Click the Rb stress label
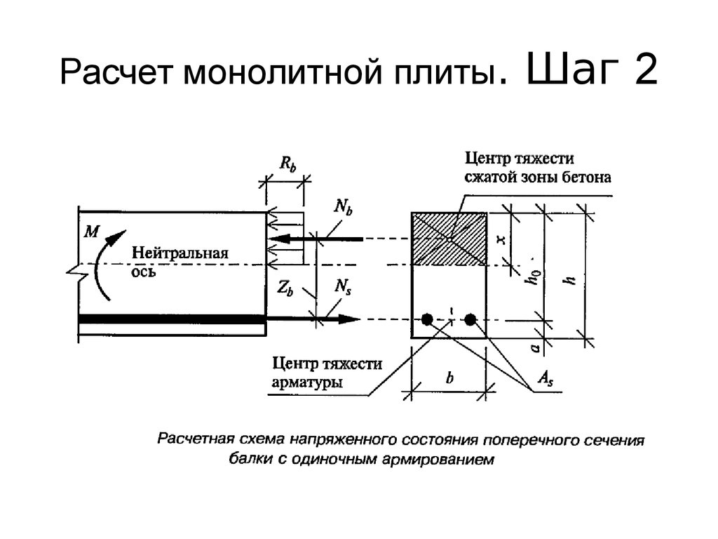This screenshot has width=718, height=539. [x=288, y=164]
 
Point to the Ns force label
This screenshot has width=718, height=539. [x=342, y=287]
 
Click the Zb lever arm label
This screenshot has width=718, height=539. [x=285, y=288]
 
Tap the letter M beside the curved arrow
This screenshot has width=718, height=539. [x=91, y=232]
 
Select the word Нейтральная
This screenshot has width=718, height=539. [x=180, y=253]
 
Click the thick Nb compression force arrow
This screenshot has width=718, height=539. [x=316, y=239]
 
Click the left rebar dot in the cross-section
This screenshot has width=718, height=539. [x=427, y=319]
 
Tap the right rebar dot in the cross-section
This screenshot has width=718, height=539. [x=470, y=319]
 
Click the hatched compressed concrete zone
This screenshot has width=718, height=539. [x=449, y=239]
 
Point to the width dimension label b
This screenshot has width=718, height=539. [x=449, y=378]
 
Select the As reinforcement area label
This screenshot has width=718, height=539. [x=545, y=379]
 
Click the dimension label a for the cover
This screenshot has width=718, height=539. [x=534, y=348]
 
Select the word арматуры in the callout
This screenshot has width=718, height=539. [x=307, y=382]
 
